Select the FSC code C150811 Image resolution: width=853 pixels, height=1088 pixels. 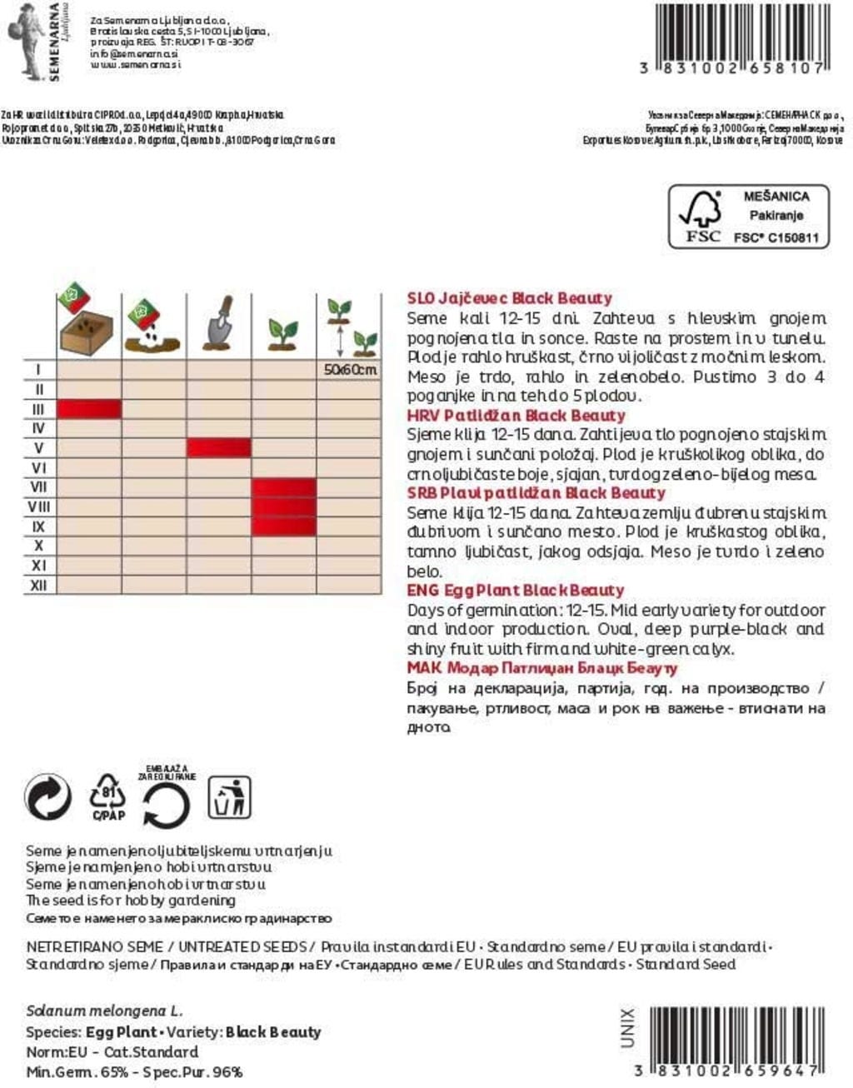(776, 237)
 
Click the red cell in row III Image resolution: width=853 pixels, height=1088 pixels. (89, 408)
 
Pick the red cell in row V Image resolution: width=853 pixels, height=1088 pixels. (218, 447)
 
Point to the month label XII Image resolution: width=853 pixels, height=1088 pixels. (38, 586)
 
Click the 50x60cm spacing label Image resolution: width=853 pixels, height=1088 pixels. (350, 369)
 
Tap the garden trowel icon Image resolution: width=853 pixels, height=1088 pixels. (218, 322)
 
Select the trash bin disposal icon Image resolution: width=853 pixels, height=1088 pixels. (229, 797)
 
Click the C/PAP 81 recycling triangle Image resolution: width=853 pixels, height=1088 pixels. (108, 798)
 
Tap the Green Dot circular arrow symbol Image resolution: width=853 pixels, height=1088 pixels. (48, 798)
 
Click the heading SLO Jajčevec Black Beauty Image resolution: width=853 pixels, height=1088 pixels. (509, 298)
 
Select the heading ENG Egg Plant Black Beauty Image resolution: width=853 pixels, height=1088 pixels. (515, 591)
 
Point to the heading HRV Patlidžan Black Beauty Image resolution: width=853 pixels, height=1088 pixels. (516, 415)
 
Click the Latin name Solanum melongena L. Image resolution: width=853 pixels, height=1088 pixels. (104, 1011)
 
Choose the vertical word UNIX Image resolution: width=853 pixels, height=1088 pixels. (627, 1028)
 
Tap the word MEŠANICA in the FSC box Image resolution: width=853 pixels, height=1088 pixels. (776, 197)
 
